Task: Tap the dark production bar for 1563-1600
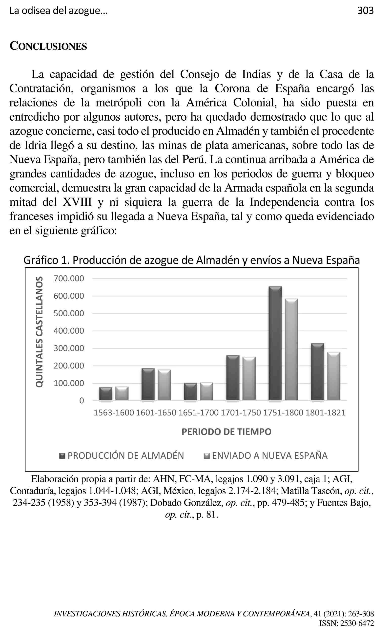point(106,394)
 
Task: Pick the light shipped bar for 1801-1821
point(334,376)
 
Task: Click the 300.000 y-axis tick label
point(69,348)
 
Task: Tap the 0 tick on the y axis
point(82,401)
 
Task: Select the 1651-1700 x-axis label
point(198,413)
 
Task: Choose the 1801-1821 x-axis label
point(325,413)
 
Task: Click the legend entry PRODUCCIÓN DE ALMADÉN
point(122,455)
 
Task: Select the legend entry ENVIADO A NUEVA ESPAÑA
point(266,455)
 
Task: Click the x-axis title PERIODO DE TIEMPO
point(226,432)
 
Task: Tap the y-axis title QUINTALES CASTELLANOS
point(39,332)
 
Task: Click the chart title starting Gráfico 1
point(192,260)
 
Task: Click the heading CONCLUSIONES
point(48,46)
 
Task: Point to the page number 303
point(365,11)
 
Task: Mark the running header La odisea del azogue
point(59,11)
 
